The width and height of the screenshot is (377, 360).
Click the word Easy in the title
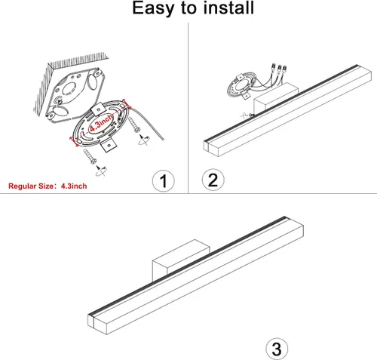[153, 8]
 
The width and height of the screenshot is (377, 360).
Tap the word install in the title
[228, 8]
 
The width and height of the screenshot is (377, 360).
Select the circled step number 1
[164, 180]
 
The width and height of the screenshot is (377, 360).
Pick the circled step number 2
[213, 180]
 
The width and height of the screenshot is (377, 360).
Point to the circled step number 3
[277, 349]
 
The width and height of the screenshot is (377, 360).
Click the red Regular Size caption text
[48, 186]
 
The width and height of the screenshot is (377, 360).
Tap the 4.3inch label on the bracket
[101, 122]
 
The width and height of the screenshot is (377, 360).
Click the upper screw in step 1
[134, 125]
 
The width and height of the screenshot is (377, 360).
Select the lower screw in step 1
[90, 156]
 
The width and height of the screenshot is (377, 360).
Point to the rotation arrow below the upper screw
[144, 140]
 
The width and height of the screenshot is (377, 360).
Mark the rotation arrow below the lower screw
[101, 171]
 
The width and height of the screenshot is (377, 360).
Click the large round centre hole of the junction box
[69, 89]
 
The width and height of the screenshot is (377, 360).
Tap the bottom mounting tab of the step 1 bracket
[109, 146]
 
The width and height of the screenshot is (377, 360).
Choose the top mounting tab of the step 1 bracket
[99, 109]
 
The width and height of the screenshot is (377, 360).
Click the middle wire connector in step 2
[279, 69]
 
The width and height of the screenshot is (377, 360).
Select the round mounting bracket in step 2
[241, 86]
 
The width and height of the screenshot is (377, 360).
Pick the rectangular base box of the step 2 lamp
[275, 97]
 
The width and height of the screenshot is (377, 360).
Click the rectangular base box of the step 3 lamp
[181, 258]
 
